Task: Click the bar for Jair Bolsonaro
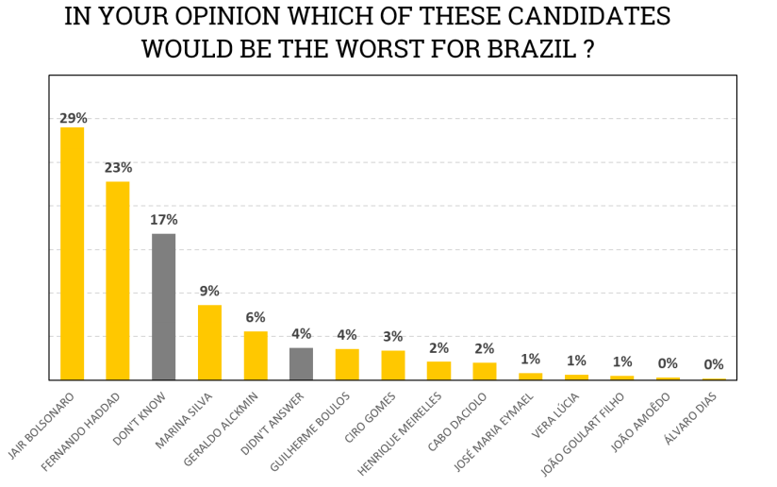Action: click(x=72, y=253)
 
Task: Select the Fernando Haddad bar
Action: click(x=118, y=280)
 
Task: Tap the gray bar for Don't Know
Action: click(x=163, y=307)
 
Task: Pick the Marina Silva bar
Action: click(x=209, y=342)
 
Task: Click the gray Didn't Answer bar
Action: click(x=301, y=363)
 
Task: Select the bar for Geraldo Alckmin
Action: click(x=256, y=355)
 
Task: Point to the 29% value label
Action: click(x=73, y=118)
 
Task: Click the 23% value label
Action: click(x=118, y=168)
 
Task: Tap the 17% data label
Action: click(x=163, y=220)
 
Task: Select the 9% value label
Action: click(x=209, y=292)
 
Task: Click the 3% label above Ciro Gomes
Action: click(x=392, y=337)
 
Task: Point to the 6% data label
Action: click(x=256, y=318)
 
